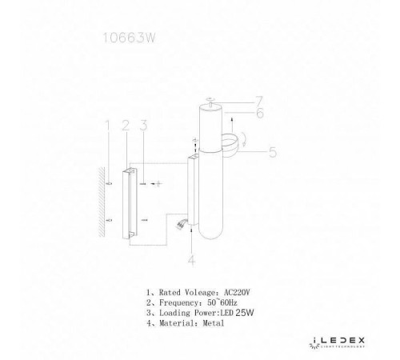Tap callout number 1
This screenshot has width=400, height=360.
point(107,124)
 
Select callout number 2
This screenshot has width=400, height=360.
point(125,124)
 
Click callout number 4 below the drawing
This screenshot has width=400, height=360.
point(191,259)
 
